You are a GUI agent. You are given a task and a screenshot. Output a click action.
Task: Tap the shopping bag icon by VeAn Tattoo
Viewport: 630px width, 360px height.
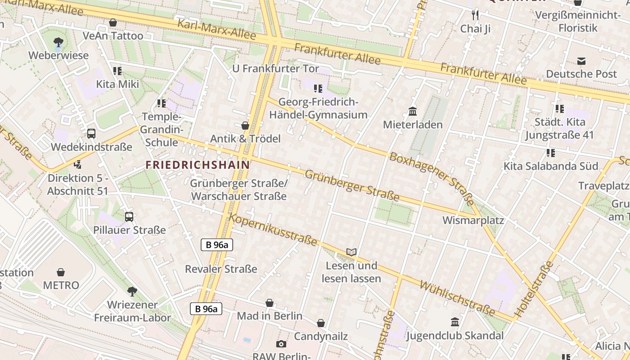point(113,22)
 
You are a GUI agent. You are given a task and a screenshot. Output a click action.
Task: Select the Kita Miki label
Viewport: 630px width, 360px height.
point(117,84)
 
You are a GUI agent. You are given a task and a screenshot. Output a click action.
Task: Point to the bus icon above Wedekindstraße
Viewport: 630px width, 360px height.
point(91,133)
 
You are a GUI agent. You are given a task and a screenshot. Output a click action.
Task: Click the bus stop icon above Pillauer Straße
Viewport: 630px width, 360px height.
point(129,216)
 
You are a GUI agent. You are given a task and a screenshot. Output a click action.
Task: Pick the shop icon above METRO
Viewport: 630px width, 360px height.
point(61,272)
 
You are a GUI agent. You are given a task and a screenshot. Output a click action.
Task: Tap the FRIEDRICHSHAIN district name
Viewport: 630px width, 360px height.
point(198,165)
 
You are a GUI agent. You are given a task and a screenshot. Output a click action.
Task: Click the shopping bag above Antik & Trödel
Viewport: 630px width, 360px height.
point(245,125)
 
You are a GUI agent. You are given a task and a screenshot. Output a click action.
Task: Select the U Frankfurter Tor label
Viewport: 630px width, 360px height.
point(275,69)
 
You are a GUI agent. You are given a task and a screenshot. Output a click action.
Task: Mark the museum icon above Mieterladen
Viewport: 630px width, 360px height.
point(413,111)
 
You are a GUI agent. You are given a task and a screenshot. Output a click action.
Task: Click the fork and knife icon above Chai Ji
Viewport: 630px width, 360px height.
point(475,15)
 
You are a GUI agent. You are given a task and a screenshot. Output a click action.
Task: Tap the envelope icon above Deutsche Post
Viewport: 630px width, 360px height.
point(581,61)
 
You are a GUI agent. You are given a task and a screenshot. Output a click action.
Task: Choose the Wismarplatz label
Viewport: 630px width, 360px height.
point(473,220)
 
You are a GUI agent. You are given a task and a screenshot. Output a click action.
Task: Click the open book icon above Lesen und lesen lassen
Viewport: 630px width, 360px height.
point(351,252)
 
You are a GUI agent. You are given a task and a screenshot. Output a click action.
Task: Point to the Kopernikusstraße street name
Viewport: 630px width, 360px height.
point(274,230)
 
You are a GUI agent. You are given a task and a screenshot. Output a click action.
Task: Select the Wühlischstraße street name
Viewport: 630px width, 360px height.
point(457,298)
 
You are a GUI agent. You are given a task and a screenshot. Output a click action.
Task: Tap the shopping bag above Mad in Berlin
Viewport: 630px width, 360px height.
point(270,303)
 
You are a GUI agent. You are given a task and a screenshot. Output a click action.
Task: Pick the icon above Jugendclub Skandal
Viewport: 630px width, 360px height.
point(455,322)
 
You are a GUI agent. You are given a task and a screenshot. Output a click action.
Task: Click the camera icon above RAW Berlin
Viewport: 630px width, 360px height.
point(281,344)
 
